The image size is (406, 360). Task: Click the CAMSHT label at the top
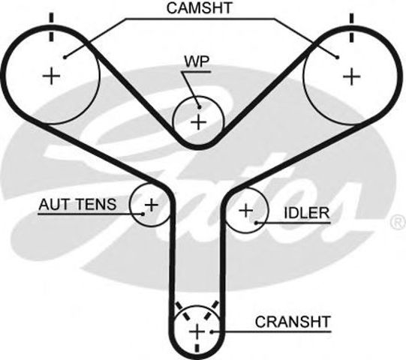click(x=200, y=10)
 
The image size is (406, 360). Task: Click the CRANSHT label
click(x=293, y=322)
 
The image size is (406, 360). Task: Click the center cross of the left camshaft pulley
click(x=52, y=76)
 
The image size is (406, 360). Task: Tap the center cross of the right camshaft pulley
click(x=350, y=76)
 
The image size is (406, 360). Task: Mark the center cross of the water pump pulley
click(x=198, y=121)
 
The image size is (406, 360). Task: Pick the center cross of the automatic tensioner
click(x=151, y=203)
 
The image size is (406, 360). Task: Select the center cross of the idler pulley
click(x=245, y=211)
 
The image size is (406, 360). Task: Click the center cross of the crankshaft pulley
click(x=197, y=331)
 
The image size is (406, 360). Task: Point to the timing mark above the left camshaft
click(x=52, y=16)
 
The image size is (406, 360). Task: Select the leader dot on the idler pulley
click(x=257, y=222)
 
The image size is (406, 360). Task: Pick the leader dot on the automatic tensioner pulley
click(x=140, y=213)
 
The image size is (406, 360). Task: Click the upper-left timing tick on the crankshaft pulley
click(x=179, y=306)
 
